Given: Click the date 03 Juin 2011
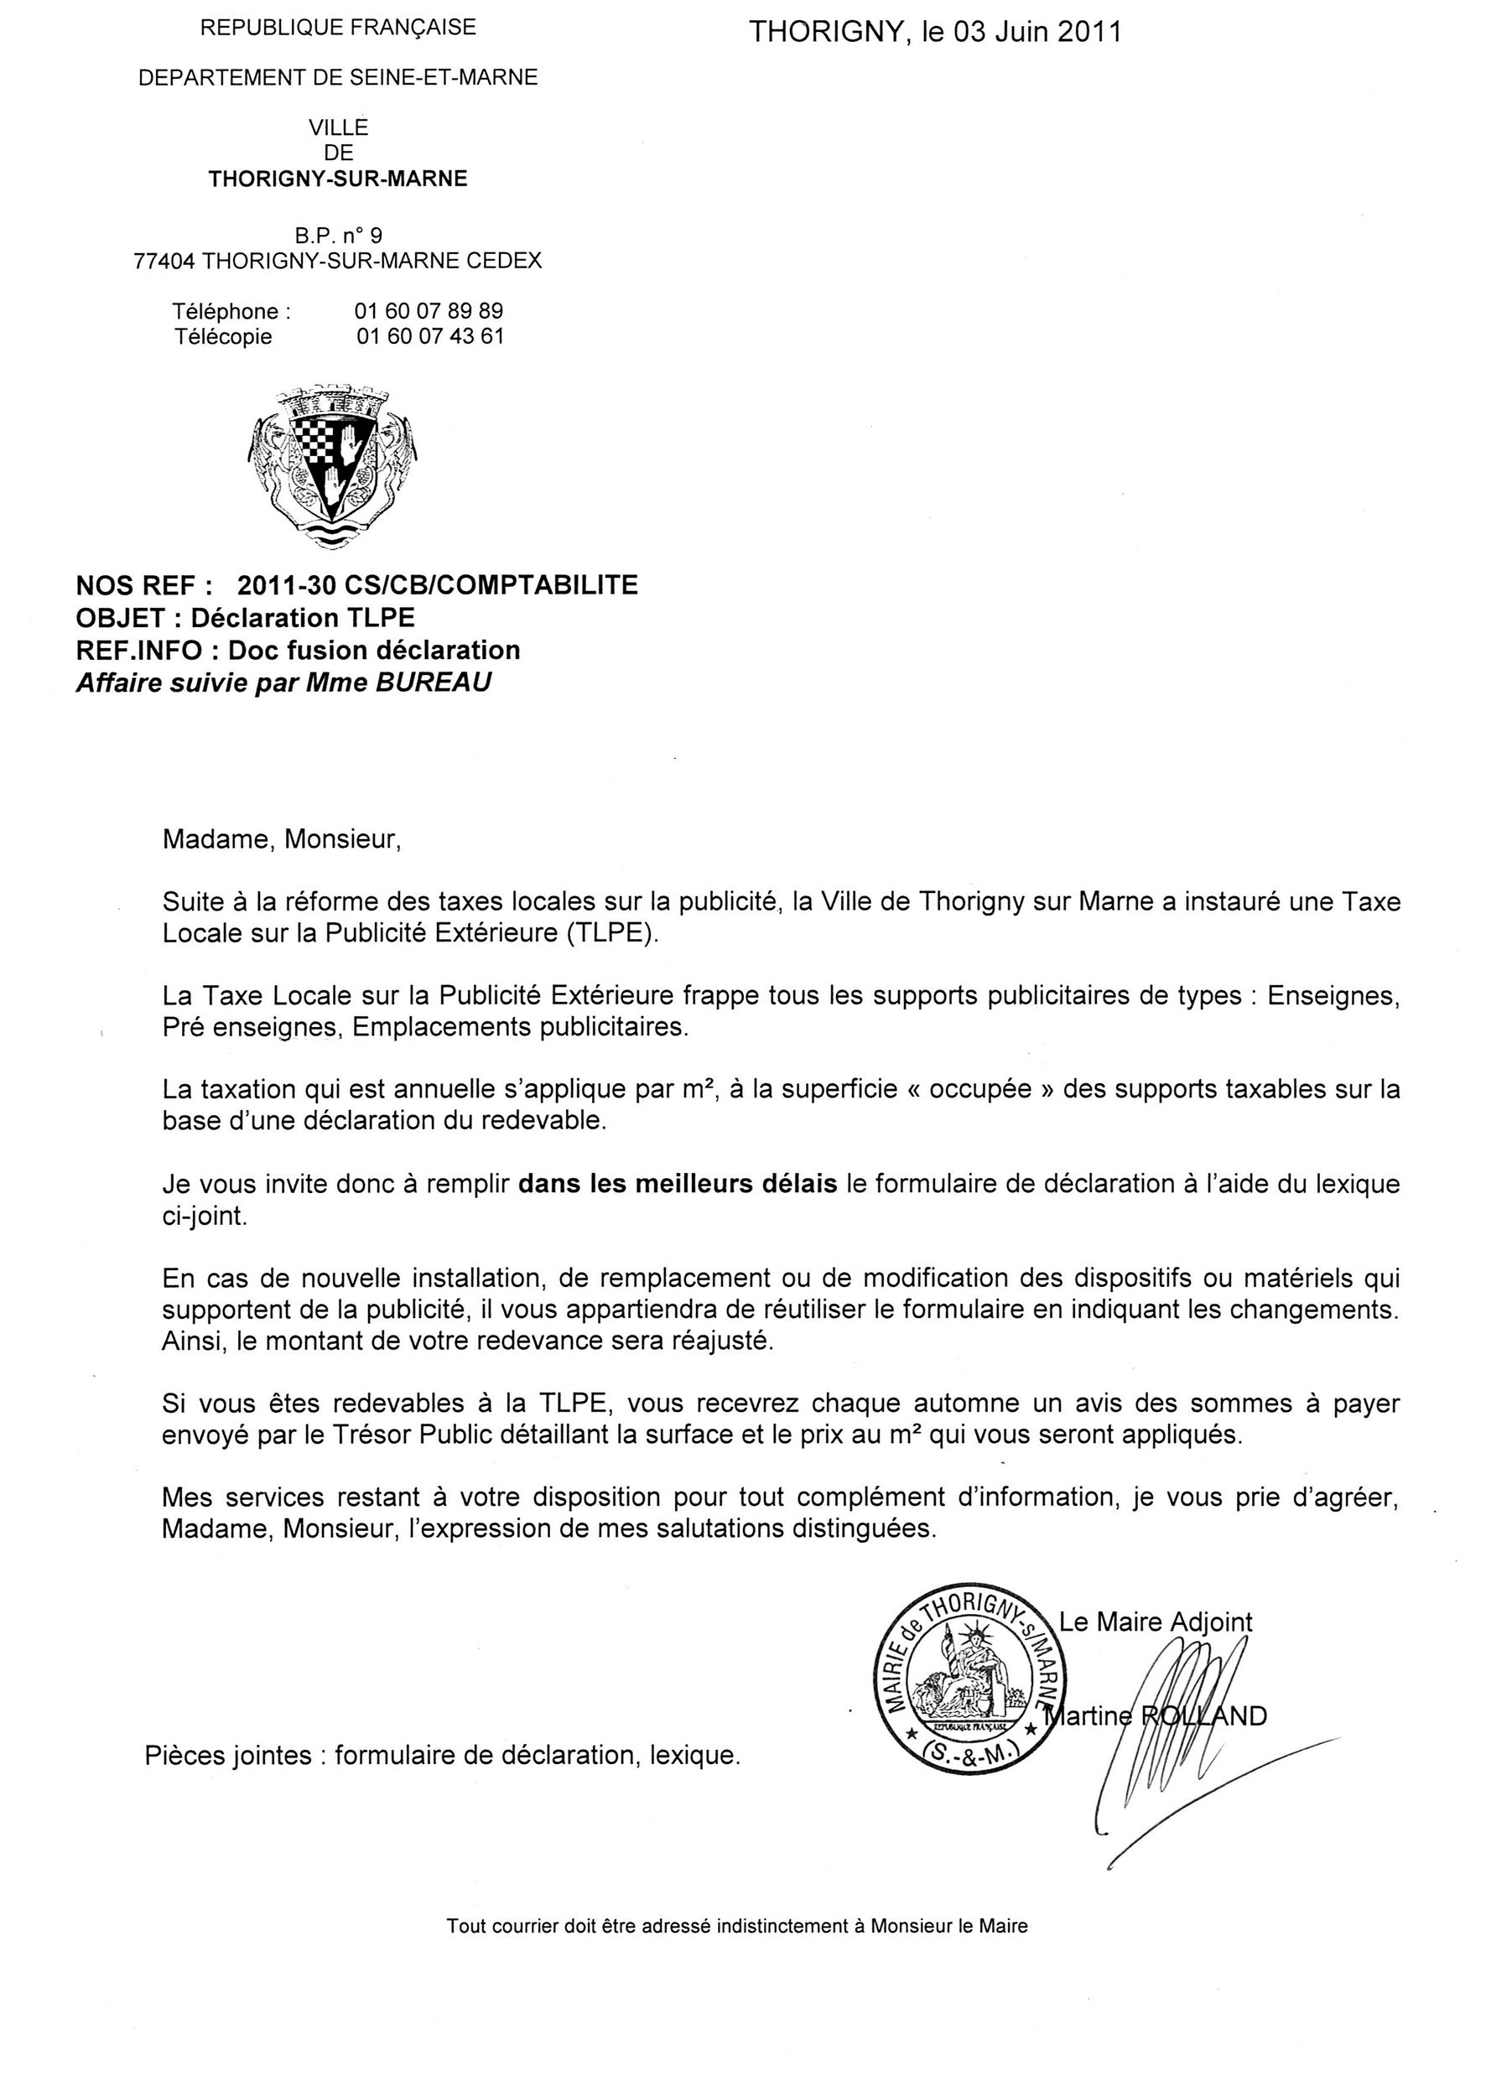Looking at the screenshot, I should pyautogui.click(x=1037, y=32).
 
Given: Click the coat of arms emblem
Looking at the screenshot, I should pyautogui.click(x=332, y=467).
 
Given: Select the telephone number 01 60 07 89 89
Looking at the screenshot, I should pyautogui.click(x=429, y=311).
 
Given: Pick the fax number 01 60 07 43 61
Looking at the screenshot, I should pyautogui.click(x=430, y=337).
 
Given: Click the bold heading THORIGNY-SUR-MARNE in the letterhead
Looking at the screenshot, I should pyautogui.click(x=338, y=179).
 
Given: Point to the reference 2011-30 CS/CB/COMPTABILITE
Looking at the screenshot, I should pyautogui.click(x=438, y=584).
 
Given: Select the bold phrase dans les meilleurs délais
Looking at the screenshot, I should pyautogui.click(x=677, y=1184).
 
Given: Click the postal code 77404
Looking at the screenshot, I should pyautogui.click(x=164, y=261).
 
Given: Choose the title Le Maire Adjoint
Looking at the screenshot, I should pyautogui.click(x=1155, y=1622).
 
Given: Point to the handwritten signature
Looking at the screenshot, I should pyautogui.click(x=1181, y=1729).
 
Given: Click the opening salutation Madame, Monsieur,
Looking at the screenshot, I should pyautogui.click(x=282, y=840).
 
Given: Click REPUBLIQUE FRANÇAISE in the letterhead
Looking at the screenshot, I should pyautogui.click(x=338, y=28).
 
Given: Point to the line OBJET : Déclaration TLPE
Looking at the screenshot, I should pyautogui.click(x=245, y=618).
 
